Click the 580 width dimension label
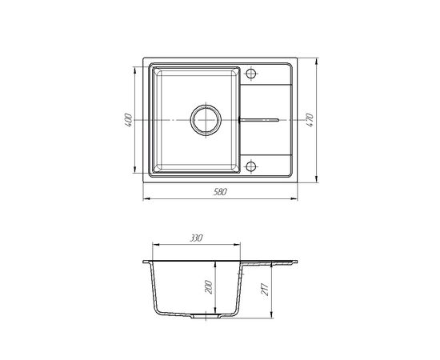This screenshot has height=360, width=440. point(220,192)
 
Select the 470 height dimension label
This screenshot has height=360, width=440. point(310,120)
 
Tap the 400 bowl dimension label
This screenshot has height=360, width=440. point(128,120)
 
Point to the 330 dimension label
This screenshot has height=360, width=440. point(196,238)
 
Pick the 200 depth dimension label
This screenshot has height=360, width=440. point(209,286)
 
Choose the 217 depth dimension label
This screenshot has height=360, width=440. point(265,290)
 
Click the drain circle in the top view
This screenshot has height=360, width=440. point(206,120)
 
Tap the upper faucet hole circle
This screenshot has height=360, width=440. point(251,74)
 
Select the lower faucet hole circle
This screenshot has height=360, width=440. point(251,166)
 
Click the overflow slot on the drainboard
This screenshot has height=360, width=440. point(258,120)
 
